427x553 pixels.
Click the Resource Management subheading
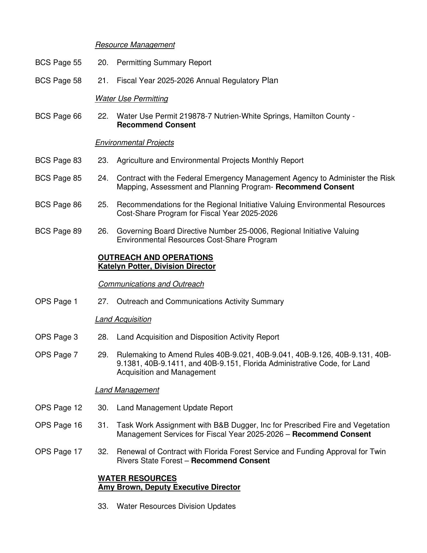coord(135,45)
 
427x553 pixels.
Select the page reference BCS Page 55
coord(58,63)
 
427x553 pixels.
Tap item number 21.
coord(103,81)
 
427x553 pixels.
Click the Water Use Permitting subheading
coord(131,99)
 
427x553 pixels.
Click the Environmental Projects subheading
coord(134,143)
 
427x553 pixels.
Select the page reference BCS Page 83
coord(58,161)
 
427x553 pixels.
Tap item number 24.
coord(103,178)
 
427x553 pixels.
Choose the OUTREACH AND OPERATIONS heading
coord(155,257)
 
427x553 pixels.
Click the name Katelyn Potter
coord(124,266)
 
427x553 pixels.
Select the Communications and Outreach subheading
coord(151,284)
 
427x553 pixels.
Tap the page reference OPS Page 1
coord(56,302)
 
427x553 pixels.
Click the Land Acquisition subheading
coord(123,319)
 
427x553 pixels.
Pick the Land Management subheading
coord(127,390)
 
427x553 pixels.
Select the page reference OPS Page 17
coord(59,452)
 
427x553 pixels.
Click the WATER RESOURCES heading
coord(137,478)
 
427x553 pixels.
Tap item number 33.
coord(103,506)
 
